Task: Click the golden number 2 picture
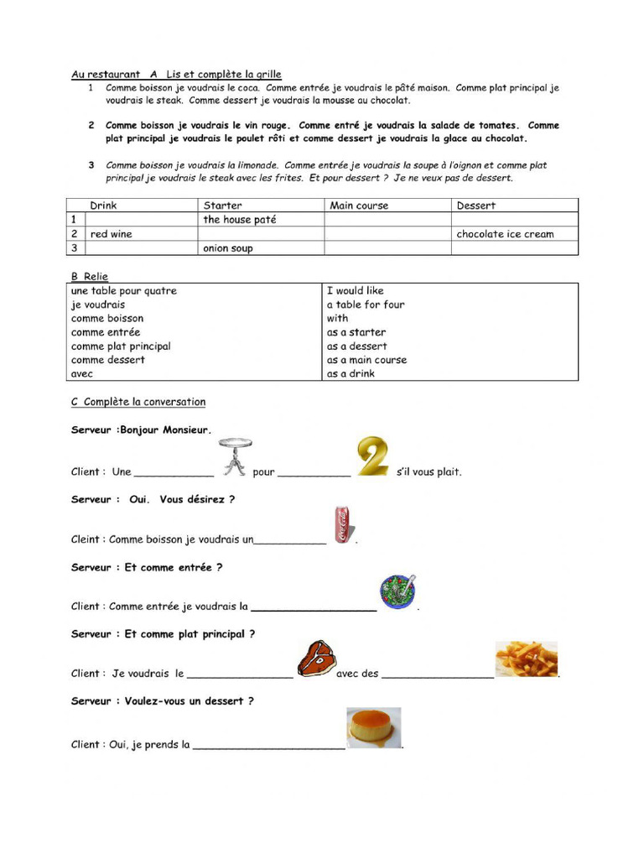tap(375, 457)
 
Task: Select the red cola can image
tap(343, 525)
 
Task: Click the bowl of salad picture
tap(397, 591)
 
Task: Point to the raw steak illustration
tap(316, 659)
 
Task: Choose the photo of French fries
tap(527, 659)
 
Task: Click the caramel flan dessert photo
tap(374, 727)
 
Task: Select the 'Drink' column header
tap(104, 206)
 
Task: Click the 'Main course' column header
tap(359, 206)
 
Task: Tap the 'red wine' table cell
tap(112, 234)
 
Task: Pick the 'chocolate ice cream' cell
tap(505, 234)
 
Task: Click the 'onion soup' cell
tap(228, 248)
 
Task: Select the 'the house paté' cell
tap(240, 220)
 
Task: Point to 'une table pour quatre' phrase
tap(124, 291)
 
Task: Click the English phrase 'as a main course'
tap(366, 360)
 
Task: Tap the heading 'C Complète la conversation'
tap(138, 402)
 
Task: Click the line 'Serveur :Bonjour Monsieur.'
tap(142, 429)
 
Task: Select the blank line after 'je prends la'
tap(268, 745)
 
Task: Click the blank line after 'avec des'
tap(438, 674)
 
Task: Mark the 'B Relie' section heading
tap(90, 276)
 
